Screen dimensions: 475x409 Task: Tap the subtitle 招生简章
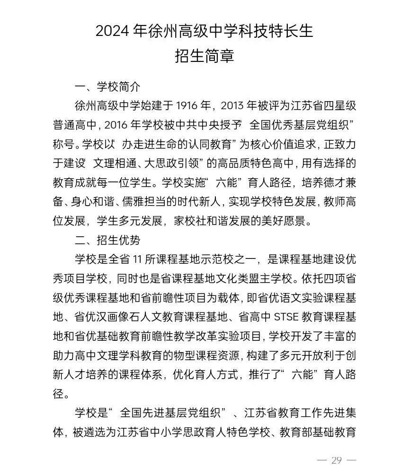tap(204, 56)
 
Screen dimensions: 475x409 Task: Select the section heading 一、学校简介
tap(107, 87)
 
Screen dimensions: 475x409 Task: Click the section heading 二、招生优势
tap(107, 241)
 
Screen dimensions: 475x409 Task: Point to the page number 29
tap(337, 460)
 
